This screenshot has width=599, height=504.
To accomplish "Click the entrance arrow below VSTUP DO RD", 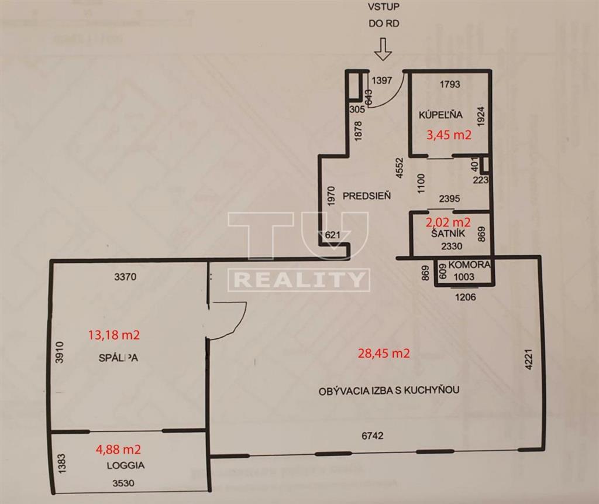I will [383, 49].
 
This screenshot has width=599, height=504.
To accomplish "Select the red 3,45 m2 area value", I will [449, 135].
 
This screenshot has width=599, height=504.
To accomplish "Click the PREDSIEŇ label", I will [367, 196].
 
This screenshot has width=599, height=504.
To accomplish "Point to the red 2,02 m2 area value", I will [449, 222].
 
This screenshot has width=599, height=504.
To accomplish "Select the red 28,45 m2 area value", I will [383, 353].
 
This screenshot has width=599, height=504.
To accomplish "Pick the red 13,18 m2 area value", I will [113, 335].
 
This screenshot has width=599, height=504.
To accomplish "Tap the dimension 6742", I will [373, 436].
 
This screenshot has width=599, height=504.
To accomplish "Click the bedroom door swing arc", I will [234, 325].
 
